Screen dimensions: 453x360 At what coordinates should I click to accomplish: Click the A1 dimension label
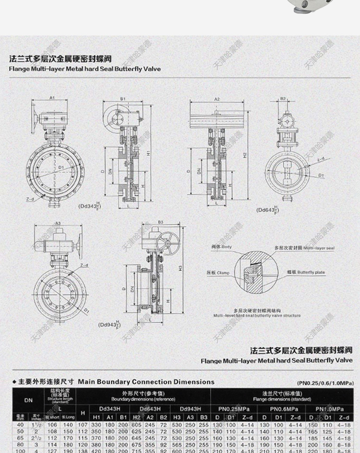click(x=52, y=97)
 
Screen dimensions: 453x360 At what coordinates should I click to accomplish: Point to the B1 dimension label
click(x=123, y=98)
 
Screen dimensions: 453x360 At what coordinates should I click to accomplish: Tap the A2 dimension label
click(x=217, y=98)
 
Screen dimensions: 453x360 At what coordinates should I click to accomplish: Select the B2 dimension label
click(x=283, y=98)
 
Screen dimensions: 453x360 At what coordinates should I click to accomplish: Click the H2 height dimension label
click(x=245, y=155)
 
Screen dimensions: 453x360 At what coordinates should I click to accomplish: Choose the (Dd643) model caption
click(x=267, y=210)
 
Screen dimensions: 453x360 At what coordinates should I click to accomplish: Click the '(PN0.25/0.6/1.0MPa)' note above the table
click(x=325, y=383)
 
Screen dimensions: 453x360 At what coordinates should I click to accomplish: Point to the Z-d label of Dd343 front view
click(x=30, y=199)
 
